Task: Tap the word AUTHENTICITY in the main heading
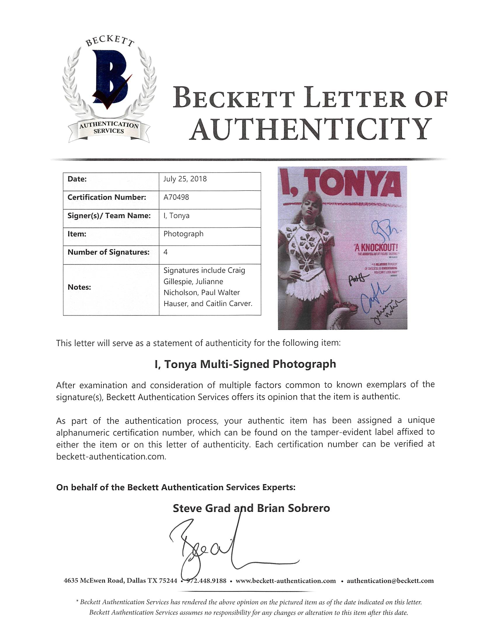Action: (310, 129)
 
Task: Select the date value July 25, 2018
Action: (185, 179)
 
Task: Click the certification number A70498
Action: (176, 197)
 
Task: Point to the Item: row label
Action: (77, 234)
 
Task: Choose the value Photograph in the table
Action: (183, 234)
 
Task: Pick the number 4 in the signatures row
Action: (166, 252)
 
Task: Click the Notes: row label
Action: (79, 287)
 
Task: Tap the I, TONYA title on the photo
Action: (341, 184)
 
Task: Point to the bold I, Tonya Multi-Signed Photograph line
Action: (245, 364)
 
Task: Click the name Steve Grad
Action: (201, 508)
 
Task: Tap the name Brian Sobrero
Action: (293, 508)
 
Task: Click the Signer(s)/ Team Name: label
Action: (109, 216)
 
